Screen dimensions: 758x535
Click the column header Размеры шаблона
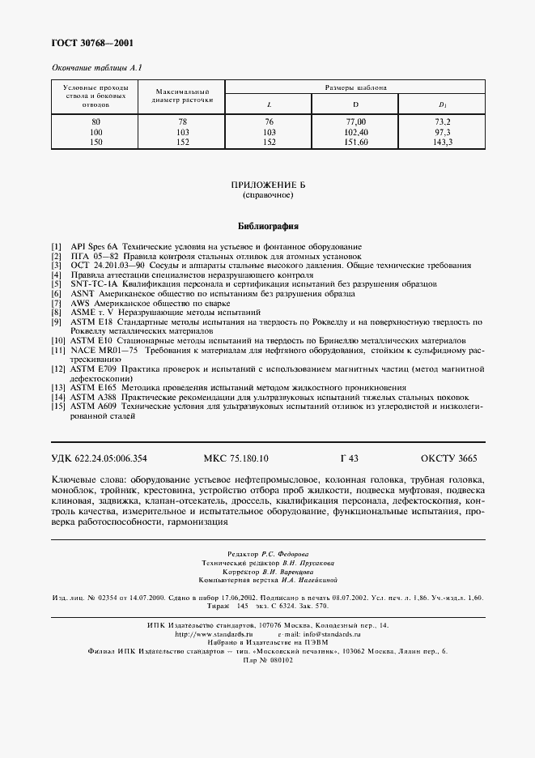point(355,87)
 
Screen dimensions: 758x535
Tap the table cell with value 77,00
point(355,121)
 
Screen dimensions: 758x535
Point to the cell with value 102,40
point(355,130)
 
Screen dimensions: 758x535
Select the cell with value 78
point(181,121)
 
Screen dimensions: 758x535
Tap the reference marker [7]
point(56,302)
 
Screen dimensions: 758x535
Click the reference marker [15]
point(57,407)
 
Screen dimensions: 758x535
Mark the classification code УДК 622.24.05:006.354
point(100,458)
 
